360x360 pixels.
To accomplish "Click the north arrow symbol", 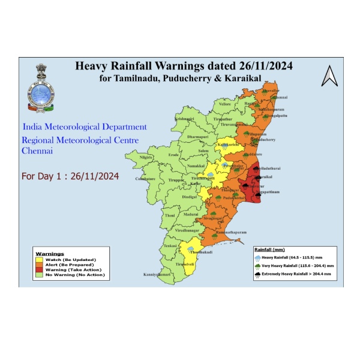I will coord(329,76).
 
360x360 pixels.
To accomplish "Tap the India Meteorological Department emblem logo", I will coord(40,88).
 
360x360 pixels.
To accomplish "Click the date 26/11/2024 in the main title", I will coord(255,65).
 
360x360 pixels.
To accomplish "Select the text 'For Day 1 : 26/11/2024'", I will coord(70,177).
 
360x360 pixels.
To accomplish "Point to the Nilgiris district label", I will coord(146,157).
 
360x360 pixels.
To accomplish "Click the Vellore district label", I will coord(224,104).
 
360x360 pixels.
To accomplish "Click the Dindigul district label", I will coord(190,197).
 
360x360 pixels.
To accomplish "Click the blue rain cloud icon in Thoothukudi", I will coord(191,247).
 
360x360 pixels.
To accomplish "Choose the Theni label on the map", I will coord(170,215).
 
